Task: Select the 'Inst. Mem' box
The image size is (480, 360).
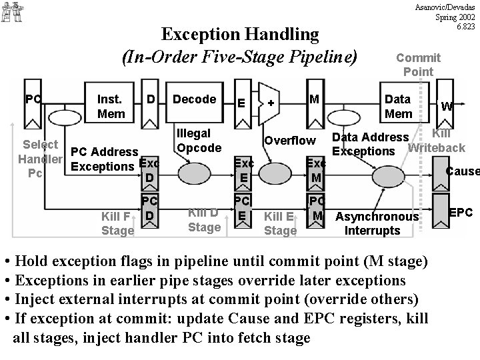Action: tap(110, 106)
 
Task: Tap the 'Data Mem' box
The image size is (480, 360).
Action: tap(398, 106)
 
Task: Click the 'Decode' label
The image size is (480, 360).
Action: tap(194, 99)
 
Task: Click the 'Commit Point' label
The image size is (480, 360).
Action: tap(418, 65)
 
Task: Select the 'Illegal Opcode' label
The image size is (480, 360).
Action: tap(194, 140)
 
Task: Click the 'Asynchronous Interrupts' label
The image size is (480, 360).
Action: tap(377, 223)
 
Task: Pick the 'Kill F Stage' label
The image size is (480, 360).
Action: tap(117, 223)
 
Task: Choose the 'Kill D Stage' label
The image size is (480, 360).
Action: tap(204, 220)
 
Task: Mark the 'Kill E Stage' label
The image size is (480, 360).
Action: tap(280, 223)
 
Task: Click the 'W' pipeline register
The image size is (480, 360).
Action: tap(447, 106)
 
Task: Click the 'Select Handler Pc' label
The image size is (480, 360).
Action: tap(41, 159)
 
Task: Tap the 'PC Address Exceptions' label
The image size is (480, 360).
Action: tap(105, 159)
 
